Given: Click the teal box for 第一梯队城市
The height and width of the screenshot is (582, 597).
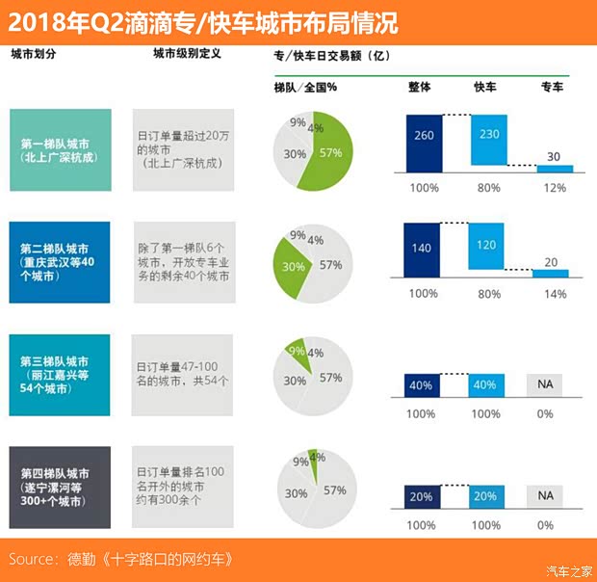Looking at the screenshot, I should [x=61, y=149].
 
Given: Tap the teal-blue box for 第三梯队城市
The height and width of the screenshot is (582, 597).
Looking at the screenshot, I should [x=61, y=375].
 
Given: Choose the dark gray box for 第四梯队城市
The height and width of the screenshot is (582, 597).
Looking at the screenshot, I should [x=61, y=486].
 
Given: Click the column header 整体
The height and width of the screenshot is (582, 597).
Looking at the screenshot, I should [x=420, y=87].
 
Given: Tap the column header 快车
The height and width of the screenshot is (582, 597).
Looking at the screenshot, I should [x=486, y=87].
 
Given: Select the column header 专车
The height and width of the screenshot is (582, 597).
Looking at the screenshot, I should [x=552, y=87].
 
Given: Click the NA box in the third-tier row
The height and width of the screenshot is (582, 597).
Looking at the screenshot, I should [x=545, y=384].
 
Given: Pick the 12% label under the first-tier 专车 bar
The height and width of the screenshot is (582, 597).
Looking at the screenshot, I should [x=552, y=187].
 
